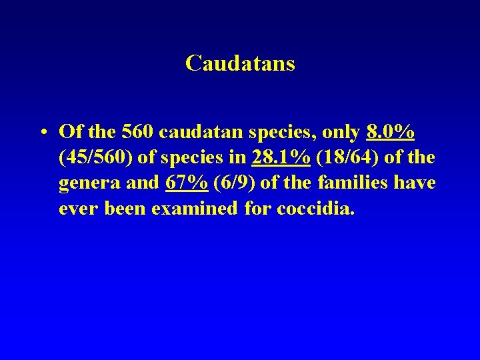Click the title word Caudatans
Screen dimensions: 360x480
click(240, 63)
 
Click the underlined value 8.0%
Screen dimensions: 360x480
click(390, 132)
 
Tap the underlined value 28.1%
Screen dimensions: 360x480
click(281, 157)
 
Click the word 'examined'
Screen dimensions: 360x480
click(194, 208)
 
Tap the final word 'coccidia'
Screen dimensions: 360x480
click(317, 208)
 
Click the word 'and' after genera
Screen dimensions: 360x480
click(142, 183)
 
